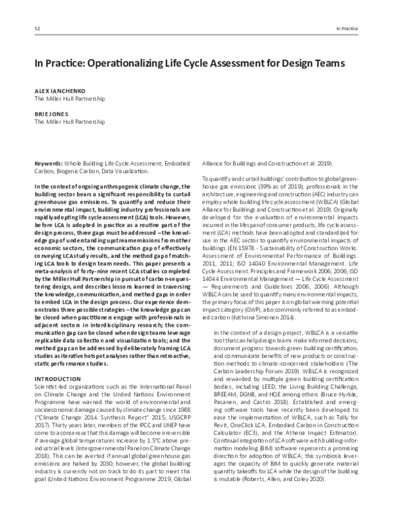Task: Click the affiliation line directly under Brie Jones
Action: [69, 121]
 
